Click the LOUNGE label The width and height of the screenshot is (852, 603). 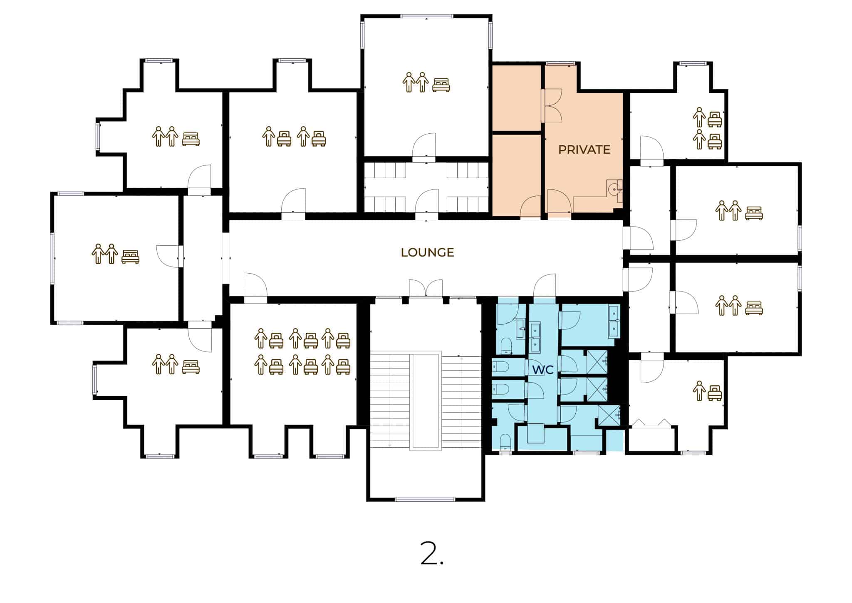pyautogui.click(x=427, y=252)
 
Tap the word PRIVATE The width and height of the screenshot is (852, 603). pyautogui.click(x=584, y=150)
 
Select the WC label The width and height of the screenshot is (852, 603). pyautogui.click(x=543, y=369)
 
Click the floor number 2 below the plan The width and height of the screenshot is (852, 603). pyautogui.click(x=431, y=553)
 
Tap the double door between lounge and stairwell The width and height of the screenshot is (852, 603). pyautogui.click(x=426, y=288)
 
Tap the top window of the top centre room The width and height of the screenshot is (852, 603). pyautogui.click(x=427, y=16)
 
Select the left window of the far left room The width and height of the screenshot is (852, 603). pyautogui.click(x=52, y=258)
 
